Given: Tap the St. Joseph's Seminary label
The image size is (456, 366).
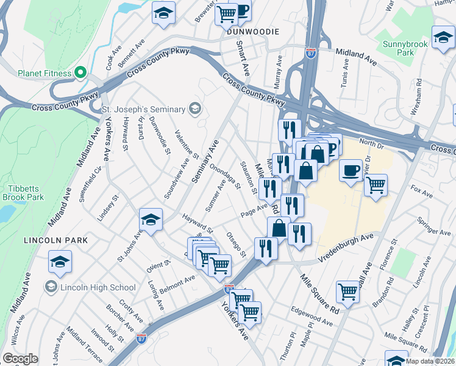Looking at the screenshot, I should (143, 109).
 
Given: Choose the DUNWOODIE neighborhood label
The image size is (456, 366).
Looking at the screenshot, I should (253, 31).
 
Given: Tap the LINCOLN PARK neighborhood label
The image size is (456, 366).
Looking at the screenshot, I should (55, 240).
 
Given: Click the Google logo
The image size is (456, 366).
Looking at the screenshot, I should (20, 359).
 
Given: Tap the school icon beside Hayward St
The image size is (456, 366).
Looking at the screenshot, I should (151, 220).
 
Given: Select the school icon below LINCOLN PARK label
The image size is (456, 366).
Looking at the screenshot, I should (60, 262).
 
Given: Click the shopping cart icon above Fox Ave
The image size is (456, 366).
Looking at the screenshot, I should (376, 184).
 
